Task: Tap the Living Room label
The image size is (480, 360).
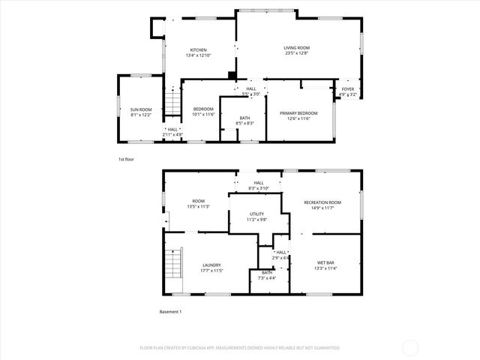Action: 296,51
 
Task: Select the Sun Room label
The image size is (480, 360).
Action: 141,112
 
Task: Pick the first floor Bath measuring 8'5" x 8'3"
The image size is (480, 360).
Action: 244,120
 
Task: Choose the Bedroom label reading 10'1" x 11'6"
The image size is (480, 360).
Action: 203,112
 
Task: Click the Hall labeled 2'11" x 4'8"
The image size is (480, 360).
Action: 172,132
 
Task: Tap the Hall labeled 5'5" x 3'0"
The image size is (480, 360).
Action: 250,91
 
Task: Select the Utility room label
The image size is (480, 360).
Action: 257,217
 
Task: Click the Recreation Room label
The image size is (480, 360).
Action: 322,205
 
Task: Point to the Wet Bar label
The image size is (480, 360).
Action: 326,265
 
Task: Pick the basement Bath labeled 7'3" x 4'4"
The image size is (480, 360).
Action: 267,275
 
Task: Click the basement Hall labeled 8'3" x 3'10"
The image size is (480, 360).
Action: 258,184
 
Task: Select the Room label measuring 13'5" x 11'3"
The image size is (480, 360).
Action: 198,203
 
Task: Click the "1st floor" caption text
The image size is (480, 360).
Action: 126,160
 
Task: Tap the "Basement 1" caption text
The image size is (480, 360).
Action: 170,311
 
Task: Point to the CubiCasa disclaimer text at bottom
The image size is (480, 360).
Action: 240,348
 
